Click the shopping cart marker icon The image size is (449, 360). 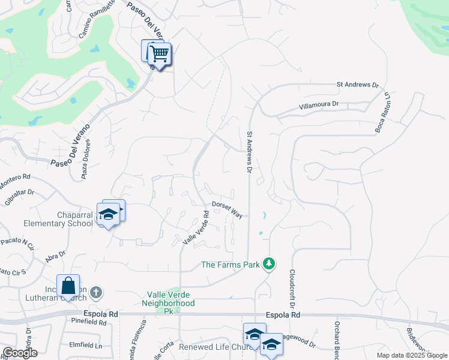tap(159, 53)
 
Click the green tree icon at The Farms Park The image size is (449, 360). tap(270, 264)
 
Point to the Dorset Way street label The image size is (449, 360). tap(227, 209)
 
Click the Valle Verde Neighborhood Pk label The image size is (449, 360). tap(171, 299)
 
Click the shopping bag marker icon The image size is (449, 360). tap(68, 285)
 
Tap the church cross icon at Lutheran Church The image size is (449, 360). tap(97, 293)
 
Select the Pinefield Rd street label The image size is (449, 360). tap(88, 322)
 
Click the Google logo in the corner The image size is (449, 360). tap(20, 353)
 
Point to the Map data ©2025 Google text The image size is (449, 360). tap(411, 355)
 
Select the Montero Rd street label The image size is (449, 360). tap(14, 178)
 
